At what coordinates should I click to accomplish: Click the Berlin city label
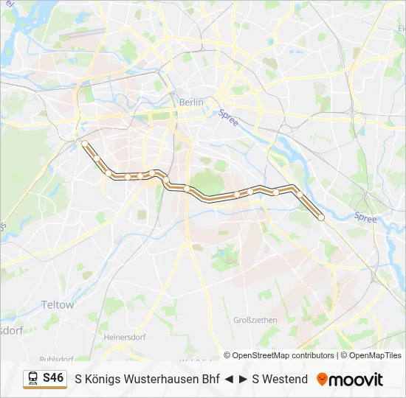pos(190,102)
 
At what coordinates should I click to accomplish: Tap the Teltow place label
pos(58,304)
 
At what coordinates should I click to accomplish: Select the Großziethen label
pos(255,320)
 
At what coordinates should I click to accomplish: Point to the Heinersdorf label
pos(125,337)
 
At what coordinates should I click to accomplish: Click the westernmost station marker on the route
pos(85,143)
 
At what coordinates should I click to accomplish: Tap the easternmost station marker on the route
pos(321,217)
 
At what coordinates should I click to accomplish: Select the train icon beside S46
pos(33,379)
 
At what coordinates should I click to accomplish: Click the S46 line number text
pos(54,378)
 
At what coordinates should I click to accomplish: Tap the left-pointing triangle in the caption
pos(230,380)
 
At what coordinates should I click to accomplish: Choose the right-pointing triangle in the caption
pos(243,380)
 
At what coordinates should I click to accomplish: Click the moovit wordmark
pos(357,380)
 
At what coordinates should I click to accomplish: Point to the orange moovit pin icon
pos(322,380)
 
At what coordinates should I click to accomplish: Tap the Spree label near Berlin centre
pos(228,117)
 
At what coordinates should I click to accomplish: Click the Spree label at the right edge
pos(365,217)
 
